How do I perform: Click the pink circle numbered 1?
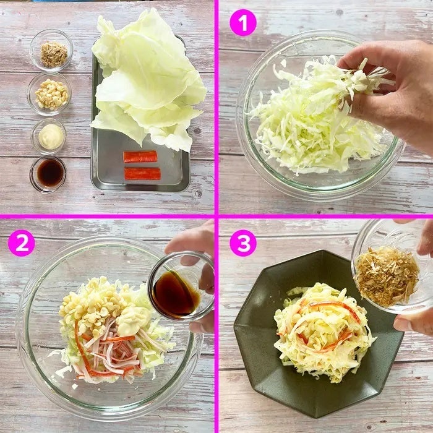click(243, 23)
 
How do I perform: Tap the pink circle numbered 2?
click(22, 243)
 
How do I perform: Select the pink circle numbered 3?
click(243, 243)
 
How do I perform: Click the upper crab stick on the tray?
click(140, 156)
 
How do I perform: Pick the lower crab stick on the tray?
click(142, 173)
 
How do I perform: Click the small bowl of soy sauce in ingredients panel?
click(48, 174)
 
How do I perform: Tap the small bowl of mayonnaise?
click(49, 137)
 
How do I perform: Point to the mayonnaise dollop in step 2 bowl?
click(132, 317)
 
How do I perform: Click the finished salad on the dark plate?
click(324, 332)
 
